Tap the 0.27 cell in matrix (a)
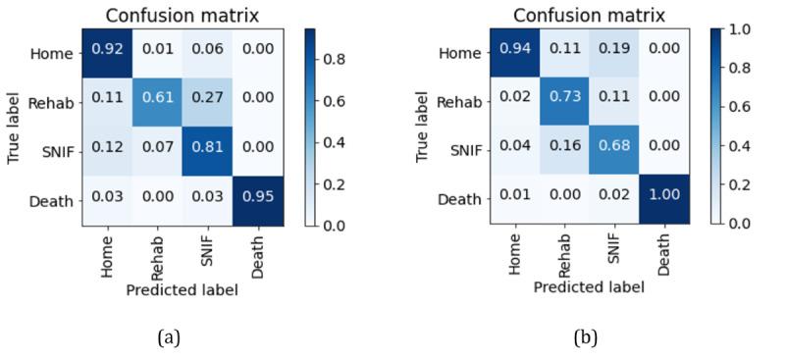point(210,103)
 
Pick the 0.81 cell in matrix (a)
point(210,152)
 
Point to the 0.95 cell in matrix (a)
point(259,201)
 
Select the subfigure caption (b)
point(585,337)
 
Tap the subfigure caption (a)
point(169,337)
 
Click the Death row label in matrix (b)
point(459,198)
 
